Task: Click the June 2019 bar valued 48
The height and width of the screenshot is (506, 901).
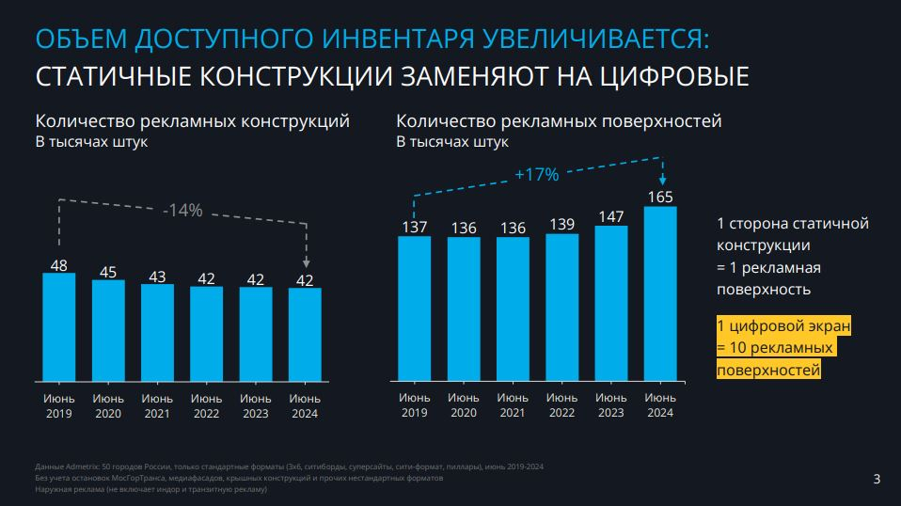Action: point(58,326)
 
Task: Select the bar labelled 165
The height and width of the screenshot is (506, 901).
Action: point(660,293)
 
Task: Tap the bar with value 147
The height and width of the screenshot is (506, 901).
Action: point(611,304)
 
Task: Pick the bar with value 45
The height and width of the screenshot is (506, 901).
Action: point(108,330)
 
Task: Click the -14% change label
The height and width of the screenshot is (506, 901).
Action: point(182,211)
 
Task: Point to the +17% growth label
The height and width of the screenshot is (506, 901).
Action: point(537,174)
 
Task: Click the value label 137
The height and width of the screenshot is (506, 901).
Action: point(414,227)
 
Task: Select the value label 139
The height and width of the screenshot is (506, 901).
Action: point(561,224)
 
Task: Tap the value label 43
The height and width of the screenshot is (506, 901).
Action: point(157,277)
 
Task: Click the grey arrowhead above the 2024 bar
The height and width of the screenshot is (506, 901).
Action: point(307,264)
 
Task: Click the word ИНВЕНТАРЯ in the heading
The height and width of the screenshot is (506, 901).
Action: point(410,39)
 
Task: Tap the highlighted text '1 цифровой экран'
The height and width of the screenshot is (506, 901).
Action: point(783,326)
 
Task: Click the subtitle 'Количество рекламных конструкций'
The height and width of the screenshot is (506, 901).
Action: point(193,121)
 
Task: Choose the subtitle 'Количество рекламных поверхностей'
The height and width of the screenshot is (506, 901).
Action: point(559,121)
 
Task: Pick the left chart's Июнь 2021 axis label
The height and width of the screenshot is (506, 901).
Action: point(157,406)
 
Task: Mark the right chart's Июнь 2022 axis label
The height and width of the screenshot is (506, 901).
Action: point(561,405)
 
